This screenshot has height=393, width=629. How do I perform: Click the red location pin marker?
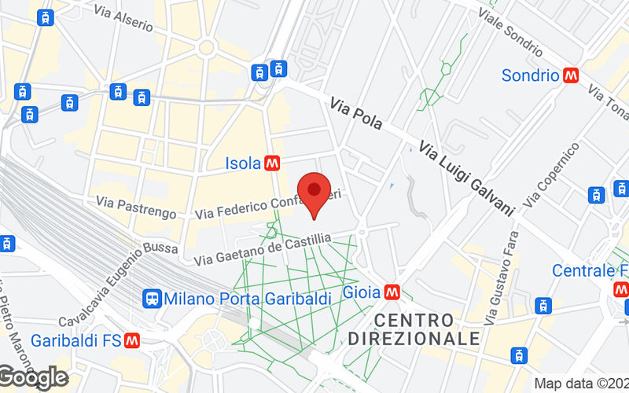point(315,191)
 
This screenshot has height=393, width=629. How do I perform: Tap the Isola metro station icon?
point(273,163)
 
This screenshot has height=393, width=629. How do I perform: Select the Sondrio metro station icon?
point(571,75)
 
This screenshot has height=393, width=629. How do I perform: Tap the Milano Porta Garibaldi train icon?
point(153,299)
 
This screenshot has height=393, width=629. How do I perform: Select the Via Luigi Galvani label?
point(465,178)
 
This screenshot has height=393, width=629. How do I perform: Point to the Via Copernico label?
point(550,174)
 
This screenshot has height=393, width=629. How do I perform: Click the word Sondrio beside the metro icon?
point(531,75)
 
